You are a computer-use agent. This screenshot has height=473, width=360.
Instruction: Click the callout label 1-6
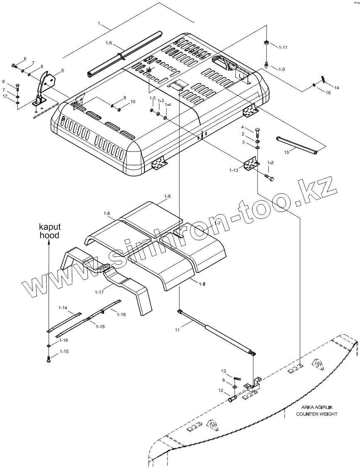click(x=108, y=43)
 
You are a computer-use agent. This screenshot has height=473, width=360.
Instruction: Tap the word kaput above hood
click(x=49, y=227)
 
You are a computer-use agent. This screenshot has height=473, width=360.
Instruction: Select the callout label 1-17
click(x=99, y=293)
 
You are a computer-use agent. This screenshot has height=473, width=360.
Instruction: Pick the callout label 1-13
click(x=234, y=170)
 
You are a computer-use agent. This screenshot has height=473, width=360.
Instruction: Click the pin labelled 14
click(x=323, y=79)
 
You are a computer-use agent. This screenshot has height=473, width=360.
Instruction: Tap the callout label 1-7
click(x=218, y=223)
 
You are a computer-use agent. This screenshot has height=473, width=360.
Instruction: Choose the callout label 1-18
click(x=100, y=327)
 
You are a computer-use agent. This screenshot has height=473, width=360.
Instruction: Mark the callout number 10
click(x=133, y=101)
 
